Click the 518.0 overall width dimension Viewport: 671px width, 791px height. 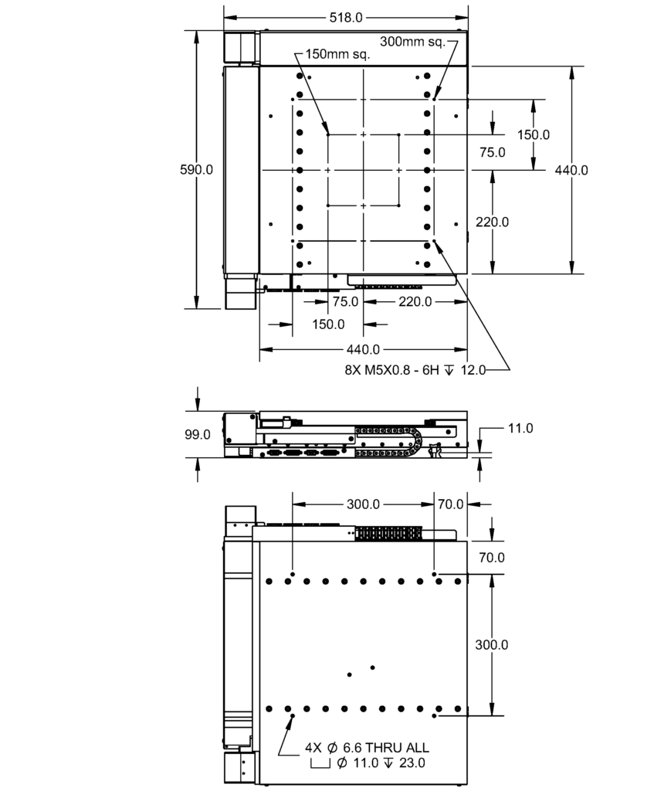coord(346,18)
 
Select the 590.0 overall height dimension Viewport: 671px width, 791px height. coord(197,169)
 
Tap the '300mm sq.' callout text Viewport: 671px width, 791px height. coord(413,42)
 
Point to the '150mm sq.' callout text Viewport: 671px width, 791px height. coord(337,54)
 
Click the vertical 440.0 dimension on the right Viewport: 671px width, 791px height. coord(571,170)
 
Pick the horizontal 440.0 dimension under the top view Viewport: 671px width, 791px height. coord(363,349)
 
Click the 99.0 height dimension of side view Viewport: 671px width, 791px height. coord(197,434)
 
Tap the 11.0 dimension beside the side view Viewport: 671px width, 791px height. coord(520,428)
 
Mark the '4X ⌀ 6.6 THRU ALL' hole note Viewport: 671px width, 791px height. coord(367,748)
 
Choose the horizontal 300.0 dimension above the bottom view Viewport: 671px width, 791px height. coord(363,504)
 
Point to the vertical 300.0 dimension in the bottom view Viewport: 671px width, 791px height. coord(492,645)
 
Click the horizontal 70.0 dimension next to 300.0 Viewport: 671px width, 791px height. coord(450,504)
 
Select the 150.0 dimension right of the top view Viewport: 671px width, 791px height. coord(534,134)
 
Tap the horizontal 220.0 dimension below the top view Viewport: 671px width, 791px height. coord(415,302)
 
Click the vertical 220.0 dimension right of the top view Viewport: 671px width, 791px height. coord(492,222)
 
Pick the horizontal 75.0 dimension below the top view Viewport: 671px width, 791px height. coord(345,302)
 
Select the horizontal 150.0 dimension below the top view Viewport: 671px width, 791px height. coord(328,324)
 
